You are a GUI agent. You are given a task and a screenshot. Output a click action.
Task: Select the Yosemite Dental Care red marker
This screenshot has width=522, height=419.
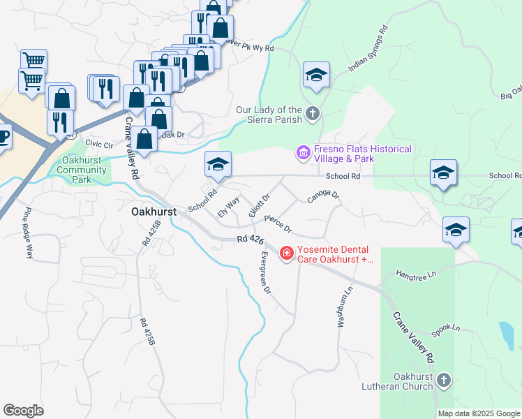[286, 253]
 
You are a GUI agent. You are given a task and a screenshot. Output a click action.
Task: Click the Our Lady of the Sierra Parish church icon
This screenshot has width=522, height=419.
[313, 113]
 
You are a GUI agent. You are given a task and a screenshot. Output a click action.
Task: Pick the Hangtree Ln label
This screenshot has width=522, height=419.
[415, 274]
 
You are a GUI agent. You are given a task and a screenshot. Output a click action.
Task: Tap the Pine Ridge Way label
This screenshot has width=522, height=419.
[29, 233]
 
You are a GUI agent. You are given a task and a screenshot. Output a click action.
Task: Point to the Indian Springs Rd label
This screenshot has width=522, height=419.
[368, 50]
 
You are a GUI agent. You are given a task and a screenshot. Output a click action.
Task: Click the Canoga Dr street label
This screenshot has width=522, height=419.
[322, 198]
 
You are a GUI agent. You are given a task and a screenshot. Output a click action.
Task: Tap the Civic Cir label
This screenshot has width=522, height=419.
[99, 144]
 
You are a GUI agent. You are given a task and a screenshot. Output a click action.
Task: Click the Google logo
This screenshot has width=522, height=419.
[23, 411]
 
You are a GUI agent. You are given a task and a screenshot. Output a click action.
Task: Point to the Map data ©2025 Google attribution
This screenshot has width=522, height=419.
[478, 413]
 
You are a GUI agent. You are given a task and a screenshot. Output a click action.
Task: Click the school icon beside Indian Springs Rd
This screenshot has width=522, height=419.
[316, 75]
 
